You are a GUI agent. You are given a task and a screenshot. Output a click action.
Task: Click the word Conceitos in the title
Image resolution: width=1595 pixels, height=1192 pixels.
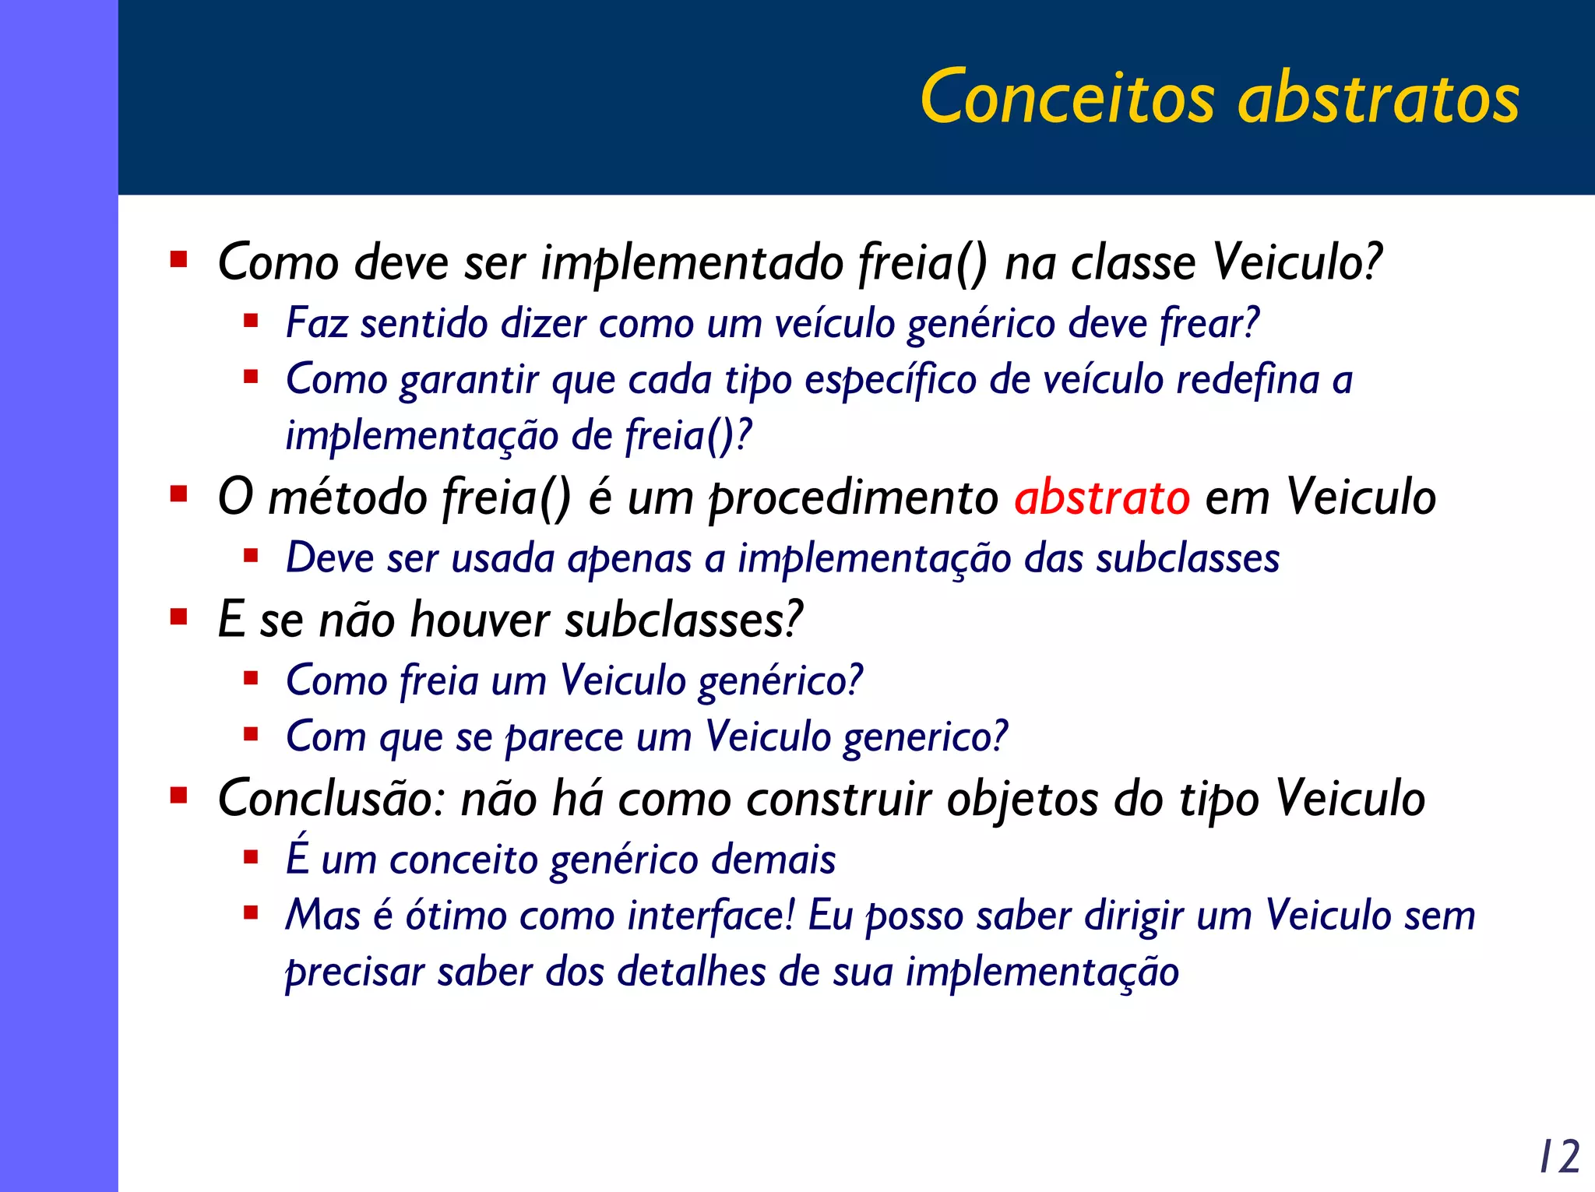[x=1067, y=97]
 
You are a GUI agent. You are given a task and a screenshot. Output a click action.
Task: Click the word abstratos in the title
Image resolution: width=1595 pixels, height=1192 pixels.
[x=1378, y=97]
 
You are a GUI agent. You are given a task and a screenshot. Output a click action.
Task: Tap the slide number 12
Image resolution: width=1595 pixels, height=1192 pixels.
[x=1559, y=1156]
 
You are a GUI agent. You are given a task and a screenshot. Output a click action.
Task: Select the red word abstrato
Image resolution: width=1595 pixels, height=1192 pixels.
[x=1101, y=497]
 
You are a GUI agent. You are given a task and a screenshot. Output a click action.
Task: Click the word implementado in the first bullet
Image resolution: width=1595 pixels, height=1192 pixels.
[x=692, y=262]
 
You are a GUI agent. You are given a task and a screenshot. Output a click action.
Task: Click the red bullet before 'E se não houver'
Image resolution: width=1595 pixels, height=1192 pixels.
[x=179, y=617]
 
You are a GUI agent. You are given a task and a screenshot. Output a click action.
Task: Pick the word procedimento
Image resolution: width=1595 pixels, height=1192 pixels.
[x=853, y=498]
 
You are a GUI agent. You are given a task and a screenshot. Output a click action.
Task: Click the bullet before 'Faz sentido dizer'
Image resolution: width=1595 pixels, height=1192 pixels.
[x=251, y=320]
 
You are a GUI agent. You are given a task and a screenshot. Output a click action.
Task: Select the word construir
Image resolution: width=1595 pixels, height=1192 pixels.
[x=839, y=799]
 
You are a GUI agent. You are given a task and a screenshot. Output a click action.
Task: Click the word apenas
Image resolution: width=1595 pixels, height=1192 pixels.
[x=629, y=559]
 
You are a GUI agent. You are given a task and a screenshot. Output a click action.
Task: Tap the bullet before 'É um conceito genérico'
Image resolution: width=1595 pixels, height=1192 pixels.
[x=251, y=857]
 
